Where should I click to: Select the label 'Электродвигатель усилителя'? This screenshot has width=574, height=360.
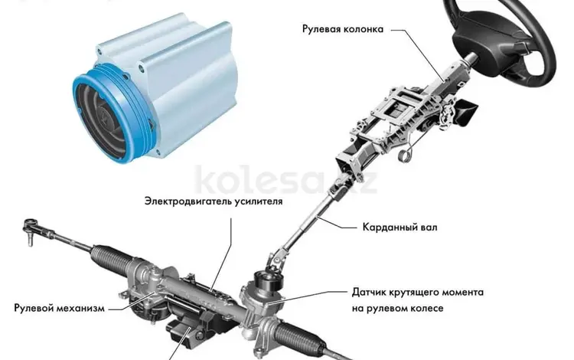click(213, 202)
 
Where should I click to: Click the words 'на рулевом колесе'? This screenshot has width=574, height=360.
click(398, 309)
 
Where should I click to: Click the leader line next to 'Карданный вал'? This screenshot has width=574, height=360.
click(338, 224)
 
